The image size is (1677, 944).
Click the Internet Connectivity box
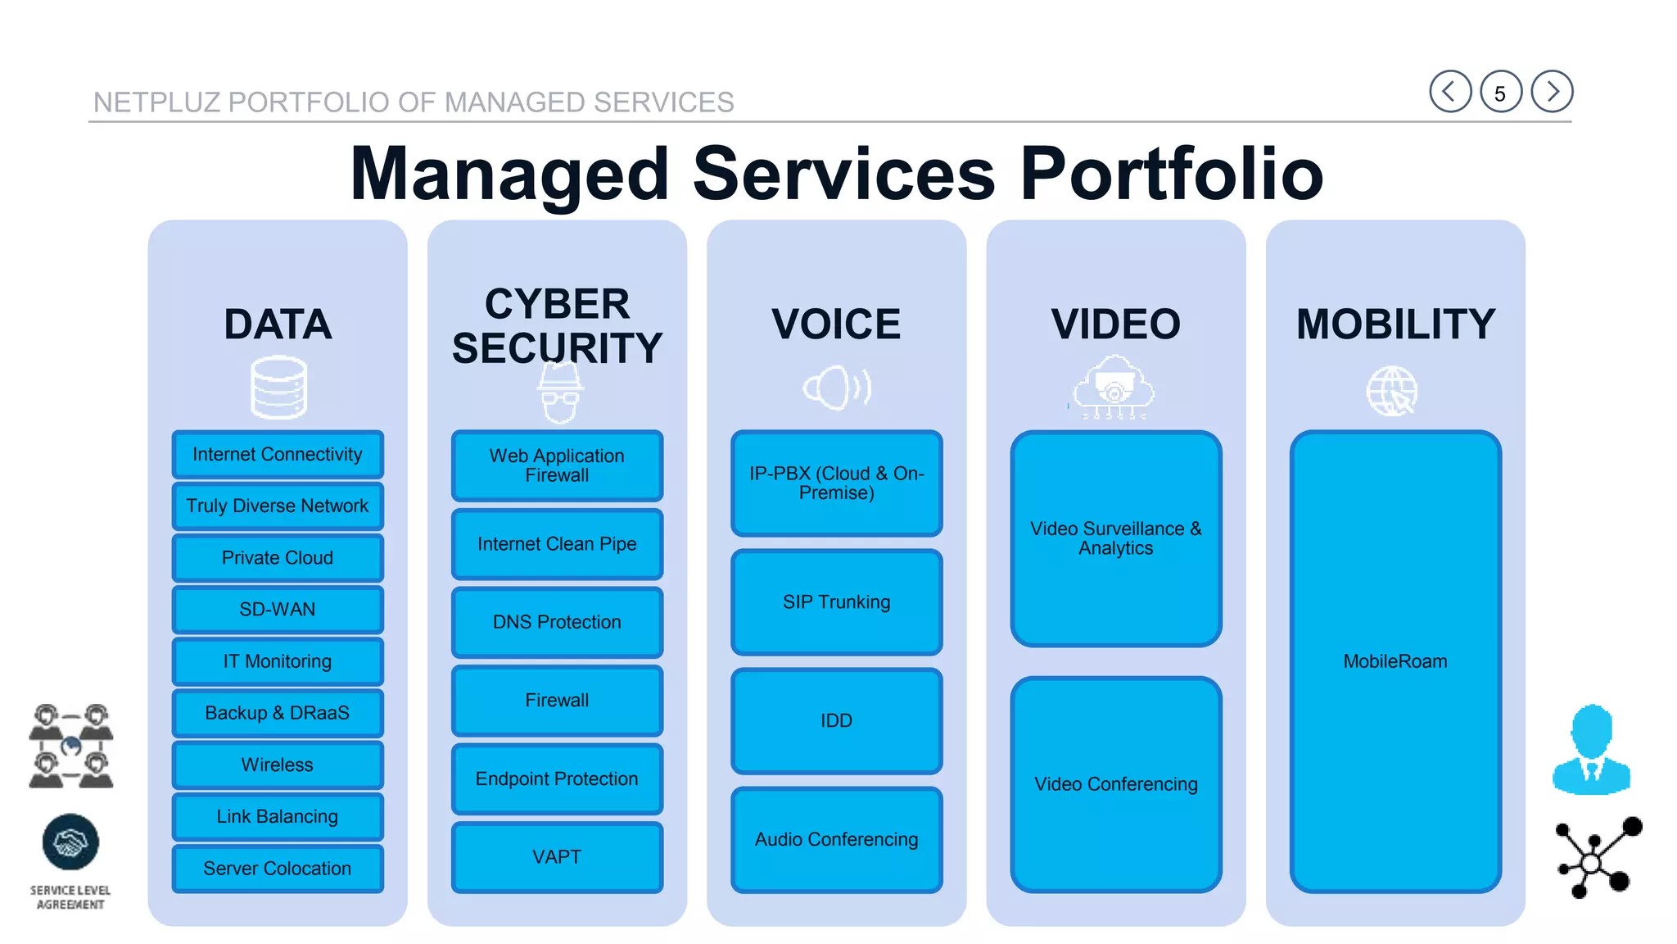pos(278,455)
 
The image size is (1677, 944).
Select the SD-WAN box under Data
pos(278,610)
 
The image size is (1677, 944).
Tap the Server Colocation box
pos(278,869)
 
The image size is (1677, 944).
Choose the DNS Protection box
pos(557,623)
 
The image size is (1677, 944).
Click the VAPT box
pos(557,857)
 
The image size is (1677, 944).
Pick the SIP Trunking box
pos(836,602)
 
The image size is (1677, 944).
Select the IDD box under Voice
pos(836,721)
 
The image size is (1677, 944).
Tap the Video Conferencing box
pos(1115,784)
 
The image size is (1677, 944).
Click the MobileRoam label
pos(1395,661)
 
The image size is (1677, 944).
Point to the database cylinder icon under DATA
pos(278,387)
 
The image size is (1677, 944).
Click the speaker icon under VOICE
pos(836,388)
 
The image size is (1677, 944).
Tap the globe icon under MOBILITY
pos(1392,391)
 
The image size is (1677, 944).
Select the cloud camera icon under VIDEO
pos(1114,387)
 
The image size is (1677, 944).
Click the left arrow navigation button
pos(1450,91)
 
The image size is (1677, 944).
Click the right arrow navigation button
pos(1552,91)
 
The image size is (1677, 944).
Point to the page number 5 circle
pos(1500,92)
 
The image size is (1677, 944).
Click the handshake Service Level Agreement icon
pos(70,842)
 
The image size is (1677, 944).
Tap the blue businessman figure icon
pos(1591,750)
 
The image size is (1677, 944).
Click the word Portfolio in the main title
pos(1171,174)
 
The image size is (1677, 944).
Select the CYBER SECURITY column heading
pos(557,326)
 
